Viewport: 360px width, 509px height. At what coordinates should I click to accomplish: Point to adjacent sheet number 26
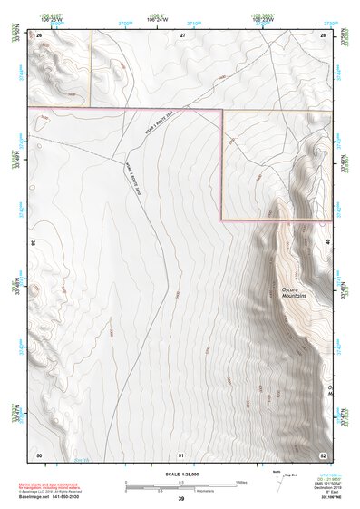pyautogui.click(x=40, y=34)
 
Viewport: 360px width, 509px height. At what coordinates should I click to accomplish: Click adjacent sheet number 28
pyautogui.click(x=322, y=34)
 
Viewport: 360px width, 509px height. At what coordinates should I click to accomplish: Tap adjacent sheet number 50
pyautogui.click(x=39, y=454)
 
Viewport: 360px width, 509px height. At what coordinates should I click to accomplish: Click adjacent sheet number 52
pyautogui.click(x=322, y=454)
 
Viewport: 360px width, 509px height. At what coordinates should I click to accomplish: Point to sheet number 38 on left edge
pyautogui.click(x=34, y=243)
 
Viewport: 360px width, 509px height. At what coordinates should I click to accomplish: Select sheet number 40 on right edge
pyautogui.click(x=328, y=243)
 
